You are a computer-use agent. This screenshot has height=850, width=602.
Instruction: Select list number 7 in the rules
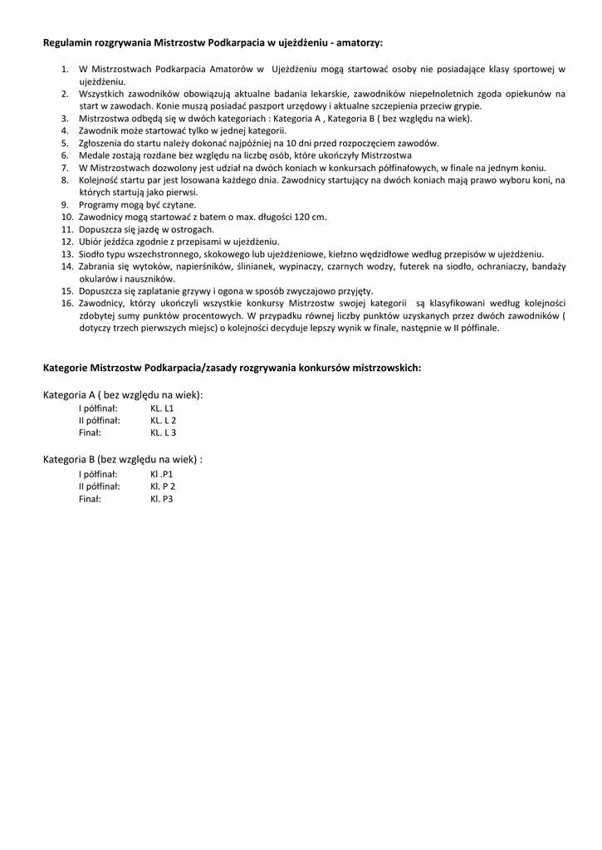(x=66, y=168)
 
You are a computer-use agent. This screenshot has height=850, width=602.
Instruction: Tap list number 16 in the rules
(x=68, y=304)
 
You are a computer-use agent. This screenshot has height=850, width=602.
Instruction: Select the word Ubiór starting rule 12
(x=91, y=242)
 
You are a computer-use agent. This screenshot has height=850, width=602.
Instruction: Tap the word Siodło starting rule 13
(x=92, y=254)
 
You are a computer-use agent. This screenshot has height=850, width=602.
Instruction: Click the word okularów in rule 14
(x=99, y=279)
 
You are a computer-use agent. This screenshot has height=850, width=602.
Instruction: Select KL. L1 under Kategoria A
(x=162, y=408)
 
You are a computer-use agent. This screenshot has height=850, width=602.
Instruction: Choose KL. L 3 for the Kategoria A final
(x=164, y=432)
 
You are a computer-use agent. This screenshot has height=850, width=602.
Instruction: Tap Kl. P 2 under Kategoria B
(x=163, y=486)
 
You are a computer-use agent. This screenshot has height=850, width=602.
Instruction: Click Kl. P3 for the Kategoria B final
(x=162, y=499)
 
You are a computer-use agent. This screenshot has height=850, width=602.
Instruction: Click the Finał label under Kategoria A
(x=90, y=432)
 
